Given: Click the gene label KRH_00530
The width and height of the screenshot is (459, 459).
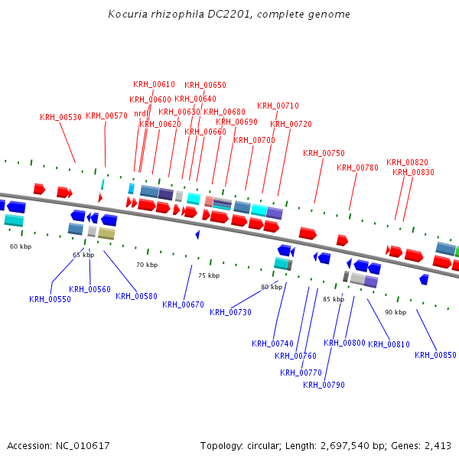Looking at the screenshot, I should point(60,117).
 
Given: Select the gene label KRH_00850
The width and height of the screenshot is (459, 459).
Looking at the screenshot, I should point(435,354).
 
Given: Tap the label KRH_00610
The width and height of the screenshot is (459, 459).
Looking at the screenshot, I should point(154,84).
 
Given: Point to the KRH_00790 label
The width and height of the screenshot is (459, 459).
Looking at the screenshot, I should point(324,384).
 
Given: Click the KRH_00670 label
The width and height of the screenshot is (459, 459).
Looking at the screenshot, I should point(183,304).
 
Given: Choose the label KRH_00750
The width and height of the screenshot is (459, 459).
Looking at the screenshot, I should point(324,153).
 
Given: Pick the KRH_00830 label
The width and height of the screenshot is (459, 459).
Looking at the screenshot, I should point(413,172).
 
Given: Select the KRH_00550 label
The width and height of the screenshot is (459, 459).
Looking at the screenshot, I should point(50,299).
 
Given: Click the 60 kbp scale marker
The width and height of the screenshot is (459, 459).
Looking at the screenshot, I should point(21,246).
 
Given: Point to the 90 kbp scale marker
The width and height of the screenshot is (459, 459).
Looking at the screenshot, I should point(396,312).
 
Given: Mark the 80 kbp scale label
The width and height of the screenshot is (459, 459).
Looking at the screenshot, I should point(272,287).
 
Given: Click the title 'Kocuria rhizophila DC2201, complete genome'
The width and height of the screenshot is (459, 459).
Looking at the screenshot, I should point(229,14).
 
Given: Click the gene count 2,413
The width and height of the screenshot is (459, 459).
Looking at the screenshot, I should point(437,445).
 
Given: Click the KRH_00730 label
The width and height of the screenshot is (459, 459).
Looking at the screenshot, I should point(230,311).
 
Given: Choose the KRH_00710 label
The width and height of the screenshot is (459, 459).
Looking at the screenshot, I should point(278,106).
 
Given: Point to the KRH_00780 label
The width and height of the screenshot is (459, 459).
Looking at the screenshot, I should point(357,168).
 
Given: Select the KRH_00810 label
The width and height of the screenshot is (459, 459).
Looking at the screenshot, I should point(389,343).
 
